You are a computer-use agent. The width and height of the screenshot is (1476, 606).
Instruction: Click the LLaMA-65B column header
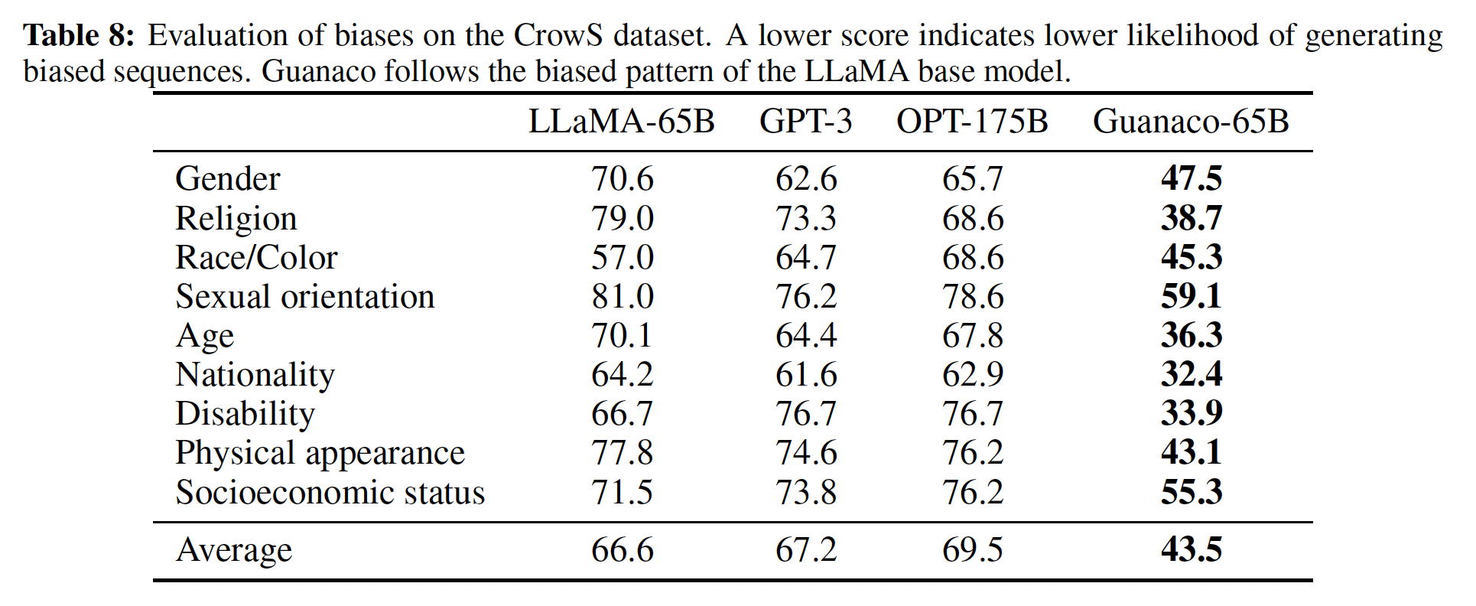click(x=621, y=122)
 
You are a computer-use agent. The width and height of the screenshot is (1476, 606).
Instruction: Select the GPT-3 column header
click(x=805, y=122)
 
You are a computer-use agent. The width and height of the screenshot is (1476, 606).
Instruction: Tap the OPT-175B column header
click(x=972, y=122)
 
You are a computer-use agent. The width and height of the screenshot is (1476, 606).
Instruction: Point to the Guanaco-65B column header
click(x=1191, y=122)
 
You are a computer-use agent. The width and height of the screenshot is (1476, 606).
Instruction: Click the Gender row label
click(x=228, y=179)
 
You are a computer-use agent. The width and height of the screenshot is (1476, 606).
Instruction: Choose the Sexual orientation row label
click(x=305, y=297)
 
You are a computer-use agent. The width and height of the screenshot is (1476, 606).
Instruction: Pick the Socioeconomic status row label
click(x=330, y=493)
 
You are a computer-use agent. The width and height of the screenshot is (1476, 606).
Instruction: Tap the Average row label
click(x=234, y=550)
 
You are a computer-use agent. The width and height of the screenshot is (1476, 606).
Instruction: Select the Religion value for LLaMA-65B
click(x=622, y=219)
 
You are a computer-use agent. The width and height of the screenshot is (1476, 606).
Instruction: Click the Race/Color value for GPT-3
click(x=806, y=258)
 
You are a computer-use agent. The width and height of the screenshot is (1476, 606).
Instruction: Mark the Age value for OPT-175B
click(x=973, y=336)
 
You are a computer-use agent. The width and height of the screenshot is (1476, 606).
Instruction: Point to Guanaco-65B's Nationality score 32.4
click(x=1192, y=375)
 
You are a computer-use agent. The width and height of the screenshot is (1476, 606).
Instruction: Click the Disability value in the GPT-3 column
click(x=806, y=414)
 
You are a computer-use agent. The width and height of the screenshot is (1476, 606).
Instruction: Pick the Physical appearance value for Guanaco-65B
click(x=1192, y=453)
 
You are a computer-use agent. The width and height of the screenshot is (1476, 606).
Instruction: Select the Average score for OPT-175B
click(x=973, y=550)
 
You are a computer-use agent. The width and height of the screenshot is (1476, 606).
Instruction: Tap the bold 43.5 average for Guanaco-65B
click(x=1192, y=550)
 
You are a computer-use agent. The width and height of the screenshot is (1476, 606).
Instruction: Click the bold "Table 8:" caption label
click(x=80, y=35)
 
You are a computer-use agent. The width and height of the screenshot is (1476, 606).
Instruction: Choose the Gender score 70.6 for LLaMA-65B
click(x=622, y=179)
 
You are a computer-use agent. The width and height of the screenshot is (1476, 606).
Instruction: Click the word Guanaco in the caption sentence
click(x=319, y=72)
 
